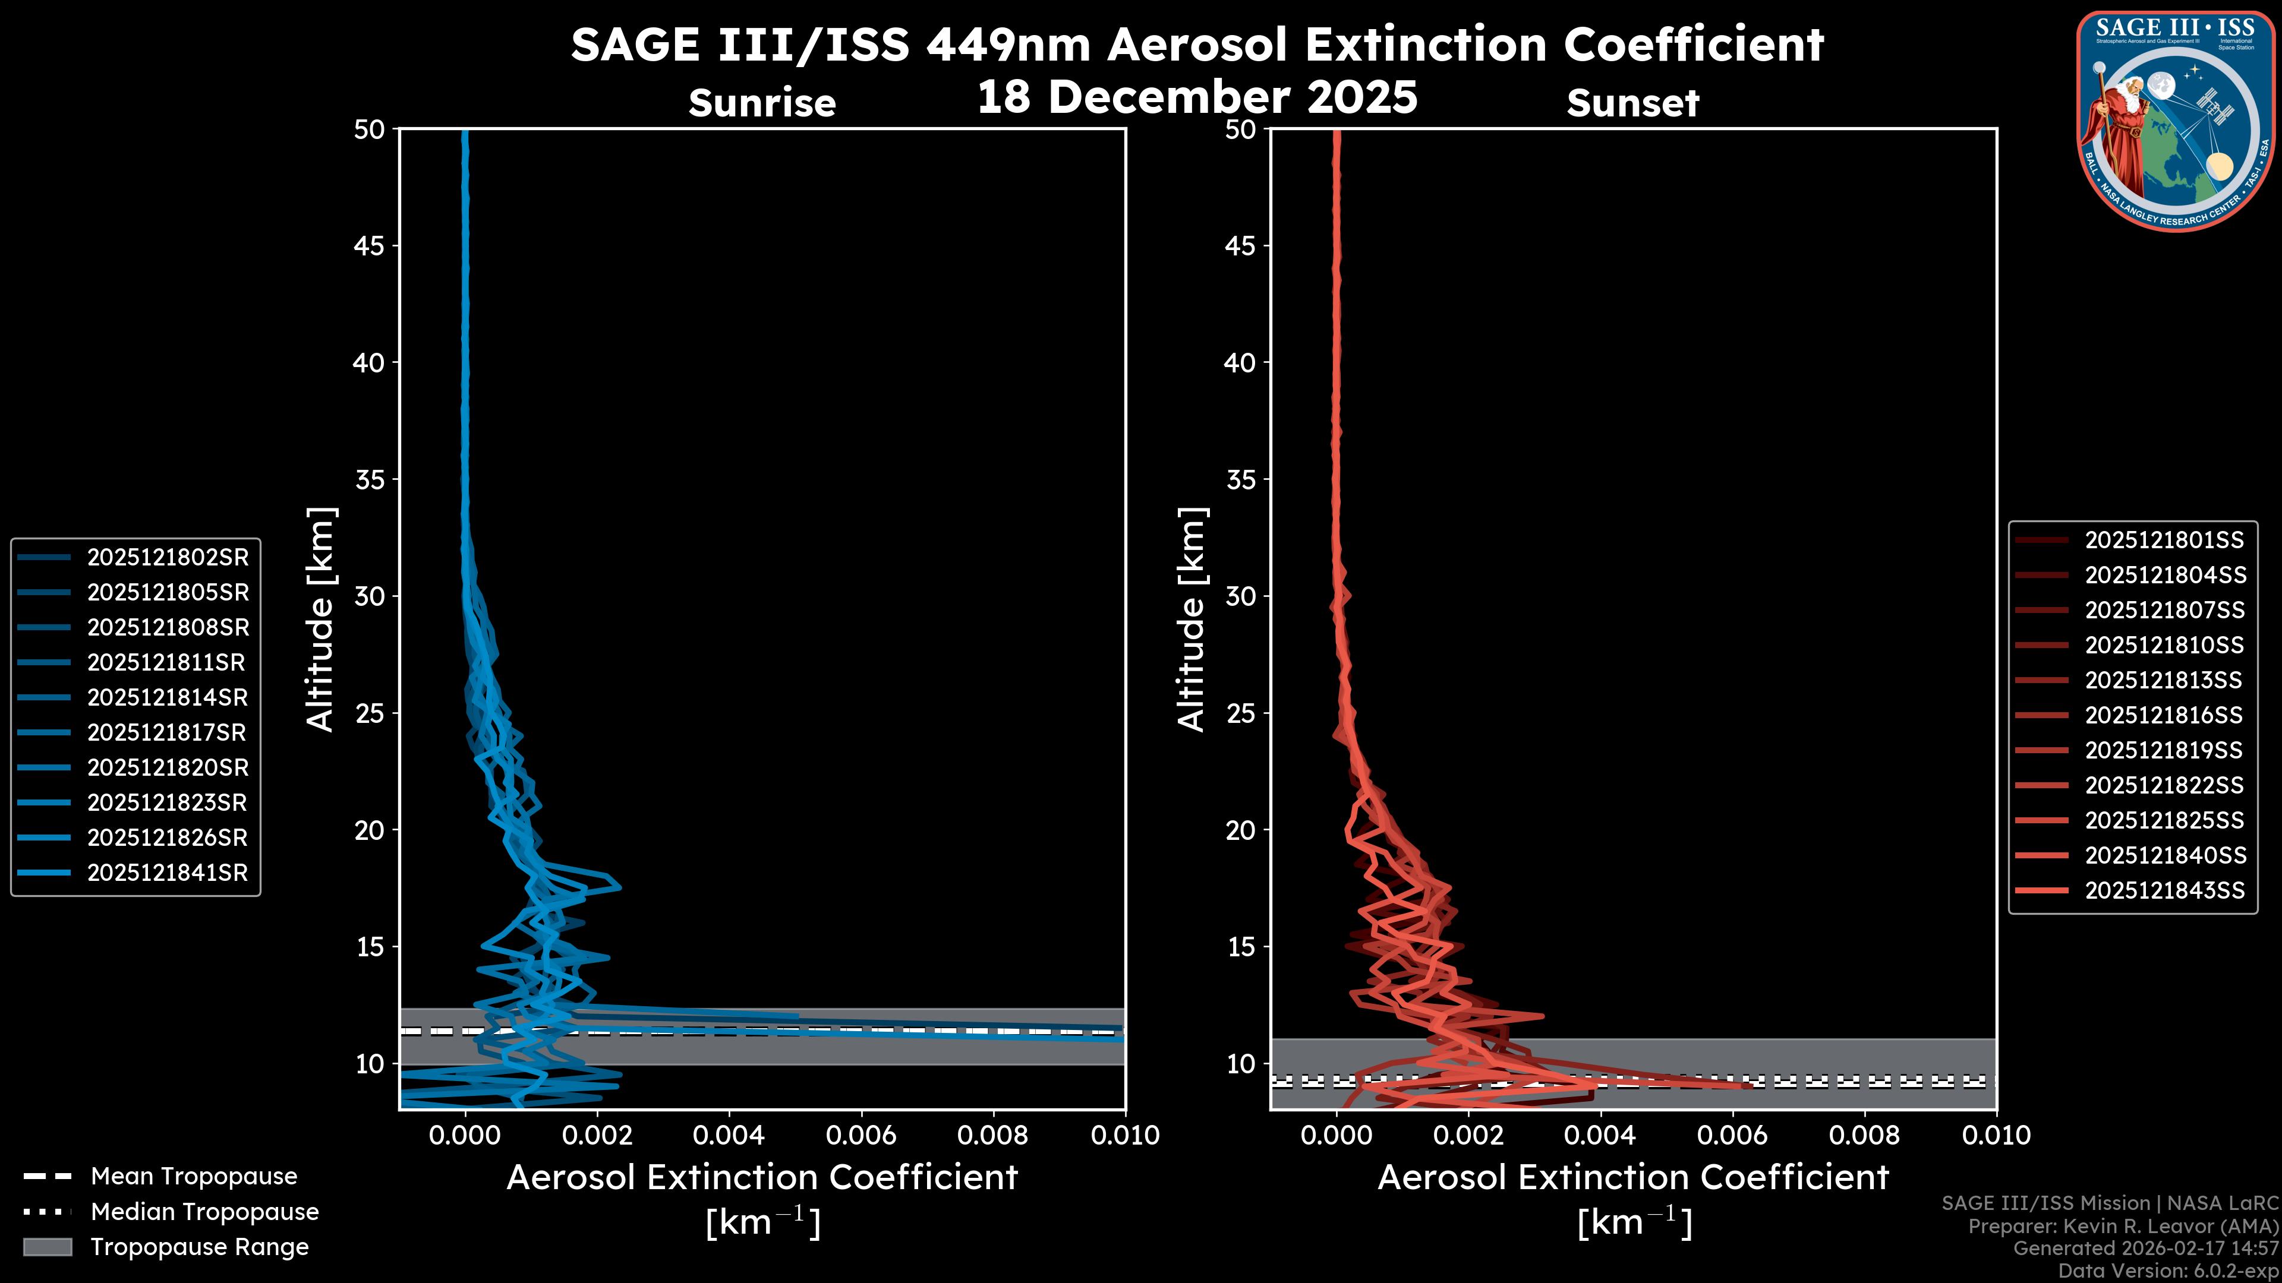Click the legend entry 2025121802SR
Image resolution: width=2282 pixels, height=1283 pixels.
pos(168,557)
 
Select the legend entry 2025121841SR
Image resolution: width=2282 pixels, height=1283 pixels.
pos(168,872)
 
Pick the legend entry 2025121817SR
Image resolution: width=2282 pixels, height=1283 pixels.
pos(168,732)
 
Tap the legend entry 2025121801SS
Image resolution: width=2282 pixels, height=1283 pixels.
pos(2164,540)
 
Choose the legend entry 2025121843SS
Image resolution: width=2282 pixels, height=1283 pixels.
pos(2164,890)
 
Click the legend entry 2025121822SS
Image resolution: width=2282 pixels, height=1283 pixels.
pos(2164,785)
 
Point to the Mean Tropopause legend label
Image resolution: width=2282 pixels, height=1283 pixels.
pos(194,1176)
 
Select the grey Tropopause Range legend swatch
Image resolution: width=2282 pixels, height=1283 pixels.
pos(47,1247)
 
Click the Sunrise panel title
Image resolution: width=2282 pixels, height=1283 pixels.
pos(762,103)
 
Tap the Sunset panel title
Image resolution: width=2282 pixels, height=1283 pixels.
pos(1632,103)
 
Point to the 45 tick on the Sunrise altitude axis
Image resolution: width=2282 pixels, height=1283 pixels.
pos(370,245)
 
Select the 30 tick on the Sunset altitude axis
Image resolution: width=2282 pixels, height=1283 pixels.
pos(1240,596)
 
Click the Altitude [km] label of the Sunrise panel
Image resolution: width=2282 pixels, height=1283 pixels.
pos(320,619)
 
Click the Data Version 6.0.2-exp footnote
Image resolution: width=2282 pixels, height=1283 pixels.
pos(2168,1271)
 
